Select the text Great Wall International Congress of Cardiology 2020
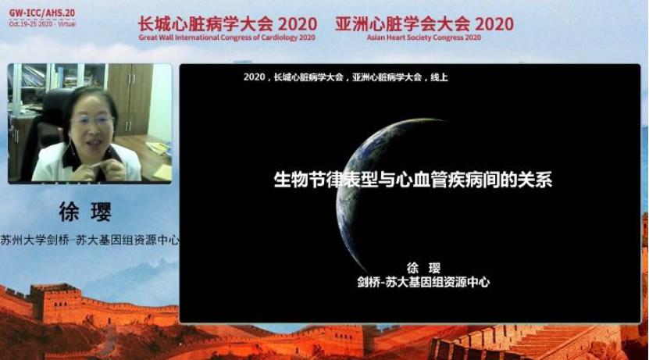[x=227, y=37]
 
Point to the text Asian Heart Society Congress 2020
[x=424, y=37]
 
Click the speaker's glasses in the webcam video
[x=91, y=119]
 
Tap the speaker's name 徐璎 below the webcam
[x=85, y=212]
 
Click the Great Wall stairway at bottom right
[x=547, y=344]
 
